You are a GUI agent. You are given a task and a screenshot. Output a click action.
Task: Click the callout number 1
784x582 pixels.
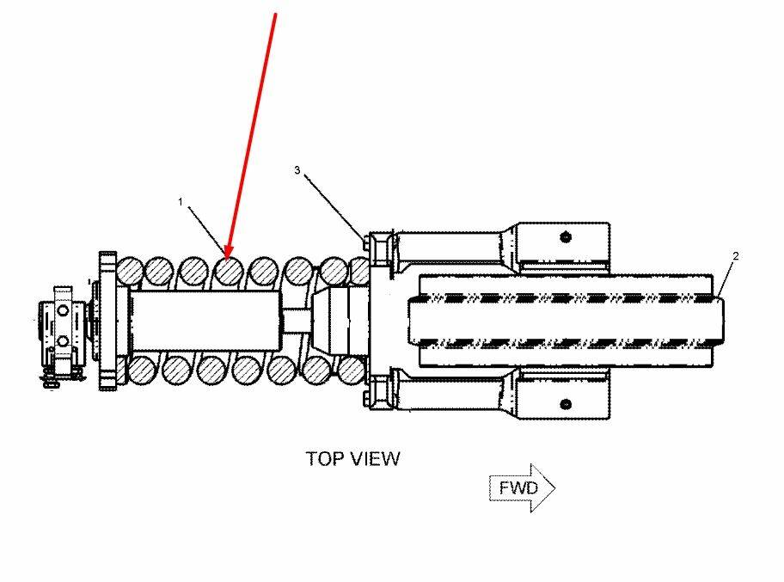181,201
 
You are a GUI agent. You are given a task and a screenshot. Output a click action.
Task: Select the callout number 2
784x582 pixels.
736,256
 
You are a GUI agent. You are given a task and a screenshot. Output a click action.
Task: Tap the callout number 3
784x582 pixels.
297,170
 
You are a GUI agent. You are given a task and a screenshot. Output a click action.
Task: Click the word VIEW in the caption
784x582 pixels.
377,458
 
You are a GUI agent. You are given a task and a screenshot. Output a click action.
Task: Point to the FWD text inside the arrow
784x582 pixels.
519,488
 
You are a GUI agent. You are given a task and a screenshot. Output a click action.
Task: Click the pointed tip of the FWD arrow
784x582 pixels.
554,488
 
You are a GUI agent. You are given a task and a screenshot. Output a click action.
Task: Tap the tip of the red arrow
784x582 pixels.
228,257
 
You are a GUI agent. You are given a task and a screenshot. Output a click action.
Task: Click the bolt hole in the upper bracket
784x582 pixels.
565,236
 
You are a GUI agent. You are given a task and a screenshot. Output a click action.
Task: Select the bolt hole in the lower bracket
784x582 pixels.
565,404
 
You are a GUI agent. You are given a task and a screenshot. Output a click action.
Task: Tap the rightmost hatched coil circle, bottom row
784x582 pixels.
352,370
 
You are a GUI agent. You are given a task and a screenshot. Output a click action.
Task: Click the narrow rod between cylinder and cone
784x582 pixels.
296,320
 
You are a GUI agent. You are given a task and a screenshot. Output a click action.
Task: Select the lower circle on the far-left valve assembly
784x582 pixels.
62,341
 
